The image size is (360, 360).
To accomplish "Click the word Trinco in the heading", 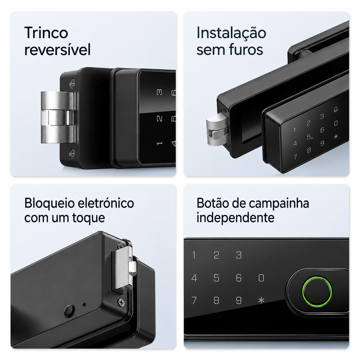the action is coord(46,33).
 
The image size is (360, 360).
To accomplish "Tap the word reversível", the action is coord(57,49).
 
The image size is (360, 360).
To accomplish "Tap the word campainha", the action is coord(279,204).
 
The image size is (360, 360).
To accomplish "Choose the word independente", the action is coord(235,217).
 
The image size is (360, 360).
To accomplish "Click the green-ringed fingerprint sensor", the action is coord(317,291).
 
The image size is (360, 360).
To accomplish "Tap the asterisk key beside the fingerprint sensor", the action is coord(261,300).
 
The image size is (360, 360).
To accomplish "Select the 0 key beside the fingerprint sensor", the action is coord(261,278).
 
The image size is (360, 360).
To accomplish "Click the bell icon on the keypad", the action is coord(336,110).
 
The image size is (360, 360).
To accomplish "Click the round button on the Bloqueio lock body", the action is coord(69,310).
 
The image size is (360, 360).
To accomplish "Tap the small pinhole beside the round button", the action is coord(84,304).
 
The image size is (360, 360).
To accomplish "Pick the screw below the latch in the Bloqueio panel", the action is coord(121,302).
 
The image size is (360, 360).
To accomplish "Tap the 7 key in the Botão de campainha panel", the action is coord(194,300).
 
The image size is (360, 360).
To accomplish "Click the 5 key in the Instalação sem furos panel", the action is coord(309,137).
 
